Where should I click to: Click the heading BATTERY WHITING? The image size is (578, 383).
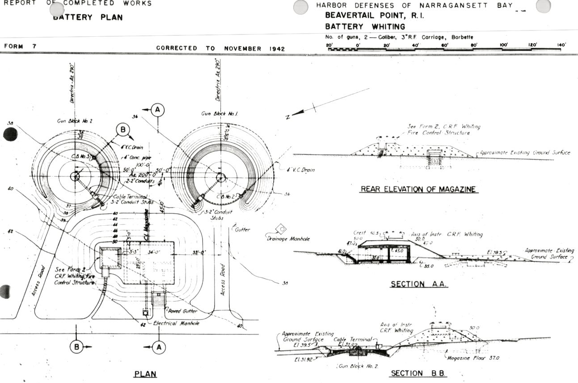[x=365, y=26]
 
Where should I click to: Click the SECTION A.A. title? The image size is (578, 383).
[x=419, y=284]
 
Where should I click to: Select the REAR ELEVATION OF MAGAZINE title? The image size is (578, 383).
[x=418, y=189]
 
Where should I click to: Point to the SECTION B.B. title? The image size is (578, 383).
[x=419, y=373]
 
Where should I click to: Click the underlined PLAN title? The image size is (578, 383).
[x=145, y=374]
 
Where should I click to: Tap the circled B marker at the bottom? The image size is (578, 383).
[x=77, y=346]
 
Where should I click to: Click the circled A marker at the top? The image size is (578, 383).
[x=157, y=109]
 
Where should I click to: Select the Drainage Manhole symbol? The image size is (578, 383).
[x=281, y=229]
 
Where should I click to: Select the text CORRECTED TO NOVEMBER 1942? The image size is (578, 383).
[x=220, y=48]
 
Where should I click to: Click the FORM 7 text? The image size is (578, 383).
[x=21, y=46]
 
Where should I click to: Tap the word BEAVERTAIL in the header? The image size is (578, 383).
[x=347, y=16]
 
